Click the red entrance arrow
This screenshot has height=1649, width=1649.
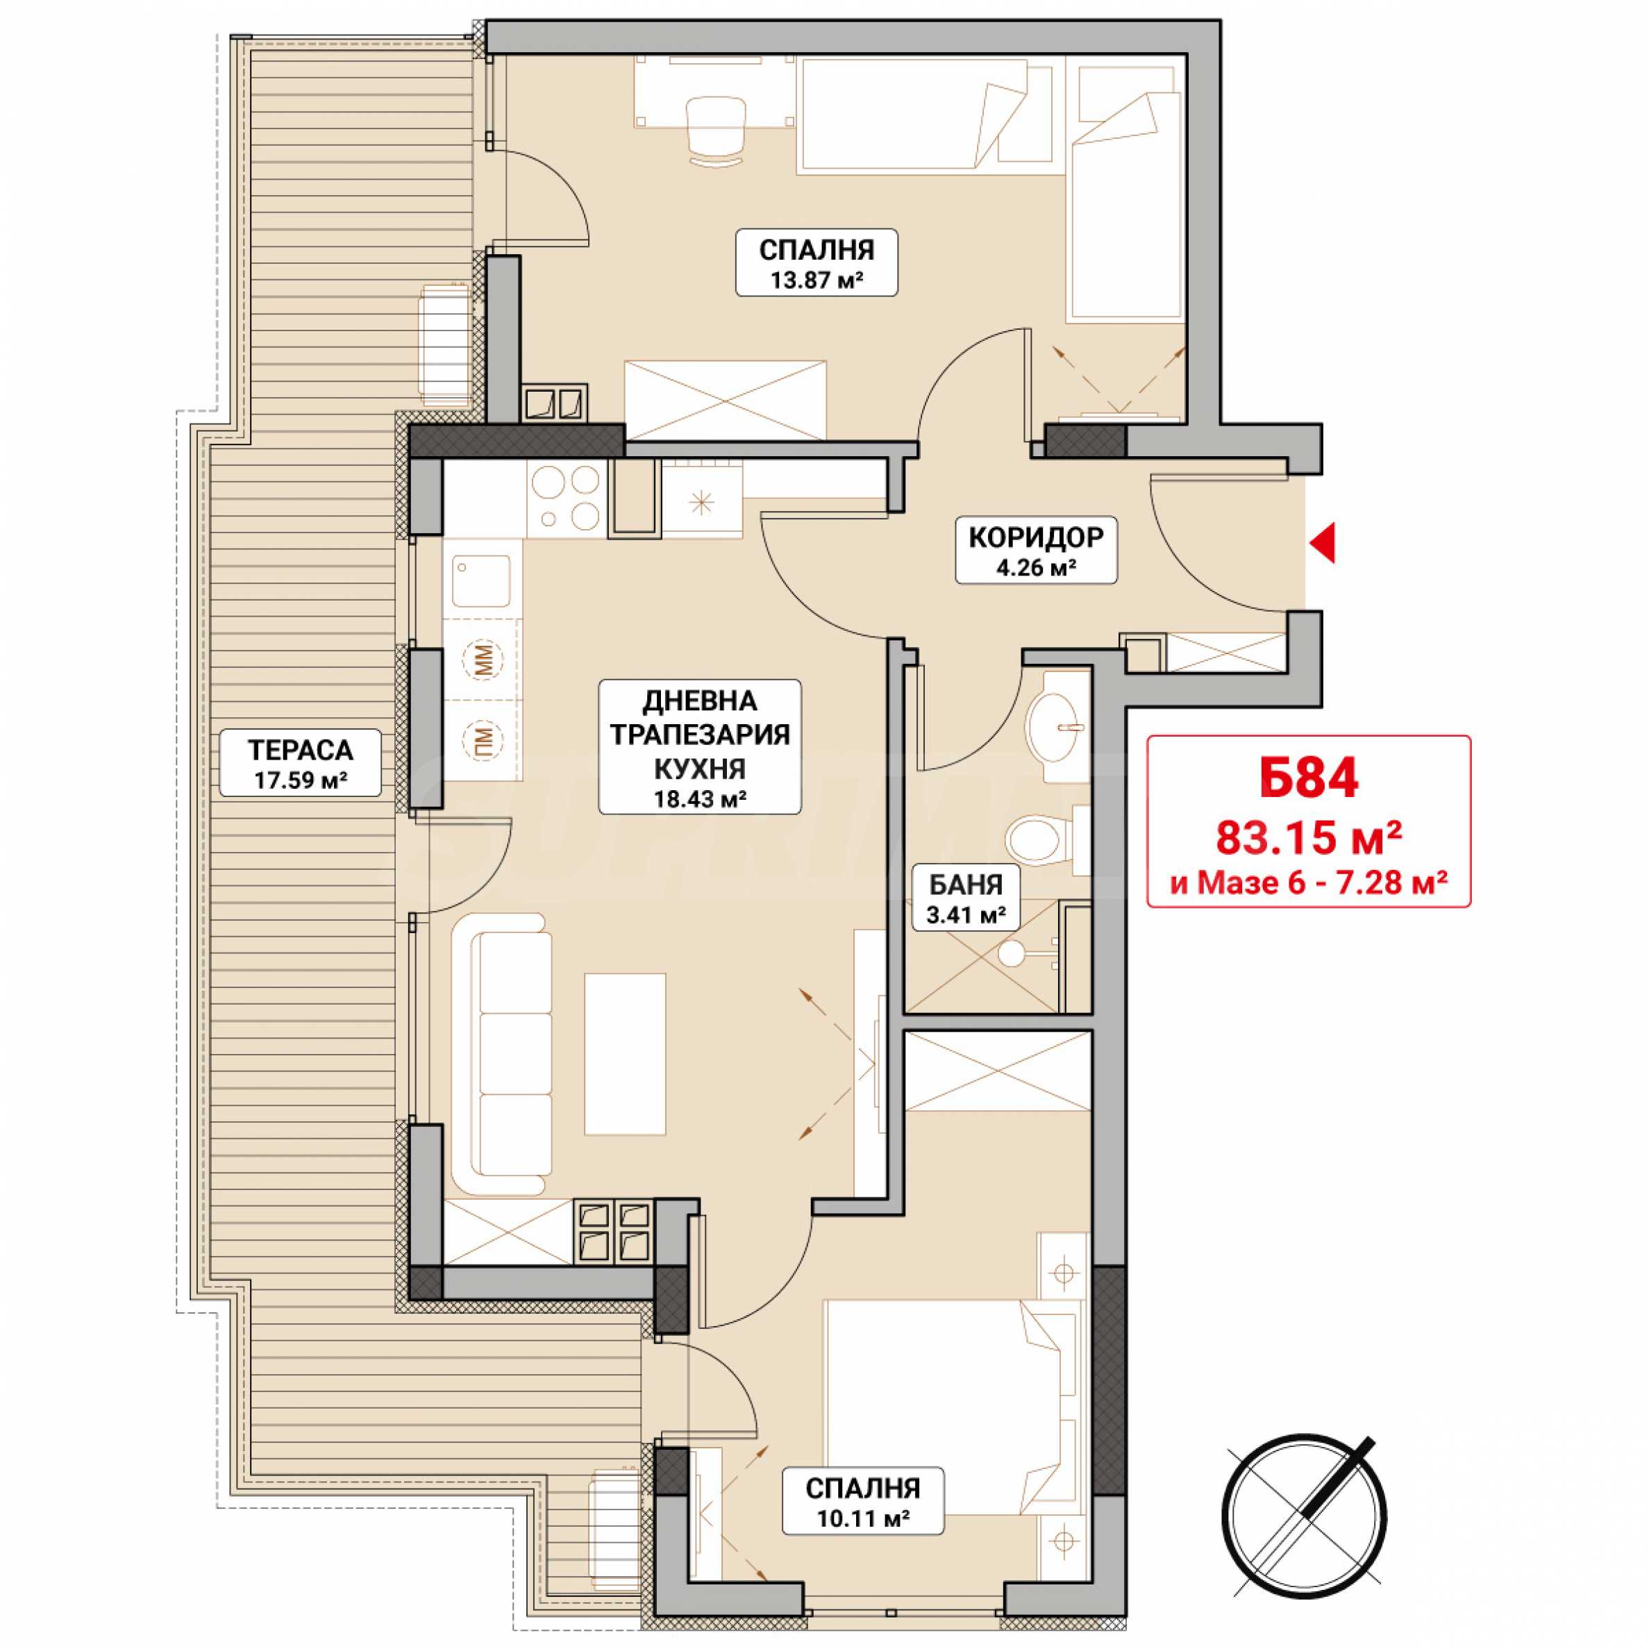click(1322, 543)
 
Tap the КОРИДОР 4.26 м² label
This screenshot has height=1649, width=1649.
click(1035, 551)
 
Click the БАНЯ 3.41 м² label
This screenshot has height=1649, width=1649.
click(965, 897)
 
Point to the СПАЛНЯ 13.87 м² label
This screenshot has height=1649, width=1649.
click(816, 262)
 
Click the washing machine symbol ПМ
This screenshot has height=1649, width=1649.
click(483, 737)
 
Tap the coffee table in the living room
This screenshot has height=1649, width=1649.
click(625, 1053)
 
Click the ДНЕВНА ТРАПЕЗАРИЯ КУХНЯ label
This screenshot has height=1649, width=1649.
click(700, 746)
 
